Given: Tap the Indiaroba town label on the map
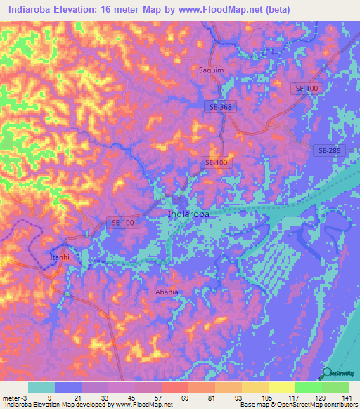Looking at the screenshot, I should (189, 214).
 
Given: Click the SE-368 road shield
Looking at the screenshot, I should (221, 106).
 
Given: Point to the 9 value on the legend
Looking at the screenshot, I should (68, 397).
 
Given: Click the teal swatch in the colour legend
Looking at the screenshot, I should (41, 387).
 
